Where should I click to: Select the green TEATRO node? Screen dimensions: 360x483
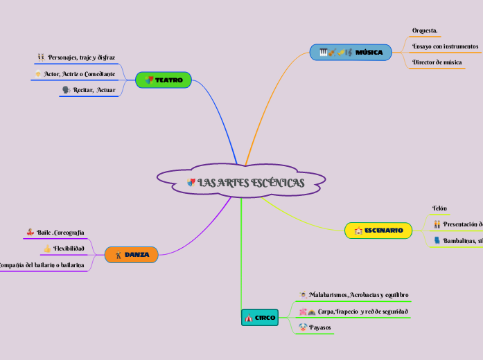click(x=164, y=80)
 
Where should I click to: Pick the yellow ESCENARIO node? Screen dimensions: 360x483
click(x=378, y=230)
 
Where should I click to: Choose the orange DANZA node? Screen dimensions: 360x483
click(x=132, y=255)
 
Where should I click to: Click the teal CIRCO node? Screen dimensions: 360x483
click(x=260, y=317)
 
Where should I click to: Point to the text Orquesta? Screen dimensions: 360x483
click(x=425, y=30)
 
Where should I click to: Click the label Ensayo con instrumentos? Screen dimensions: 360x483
click(x=445, y=46)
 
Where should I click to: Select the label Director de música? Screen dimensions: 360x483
click(x=437, y=62)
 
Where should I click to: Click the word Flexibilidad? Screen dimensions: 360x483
click(x=69, y=248)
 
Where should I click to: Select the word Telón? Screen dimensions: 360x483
click(x=439, y=208)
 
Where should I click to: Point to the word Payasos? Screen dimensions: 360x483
click(x=320, y=327)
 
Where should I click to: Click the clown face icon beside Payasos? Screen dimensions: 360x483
click(x=303, y=327)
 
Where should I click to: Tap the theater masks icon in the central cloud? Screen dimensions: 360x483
click(x=191, y=183)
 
